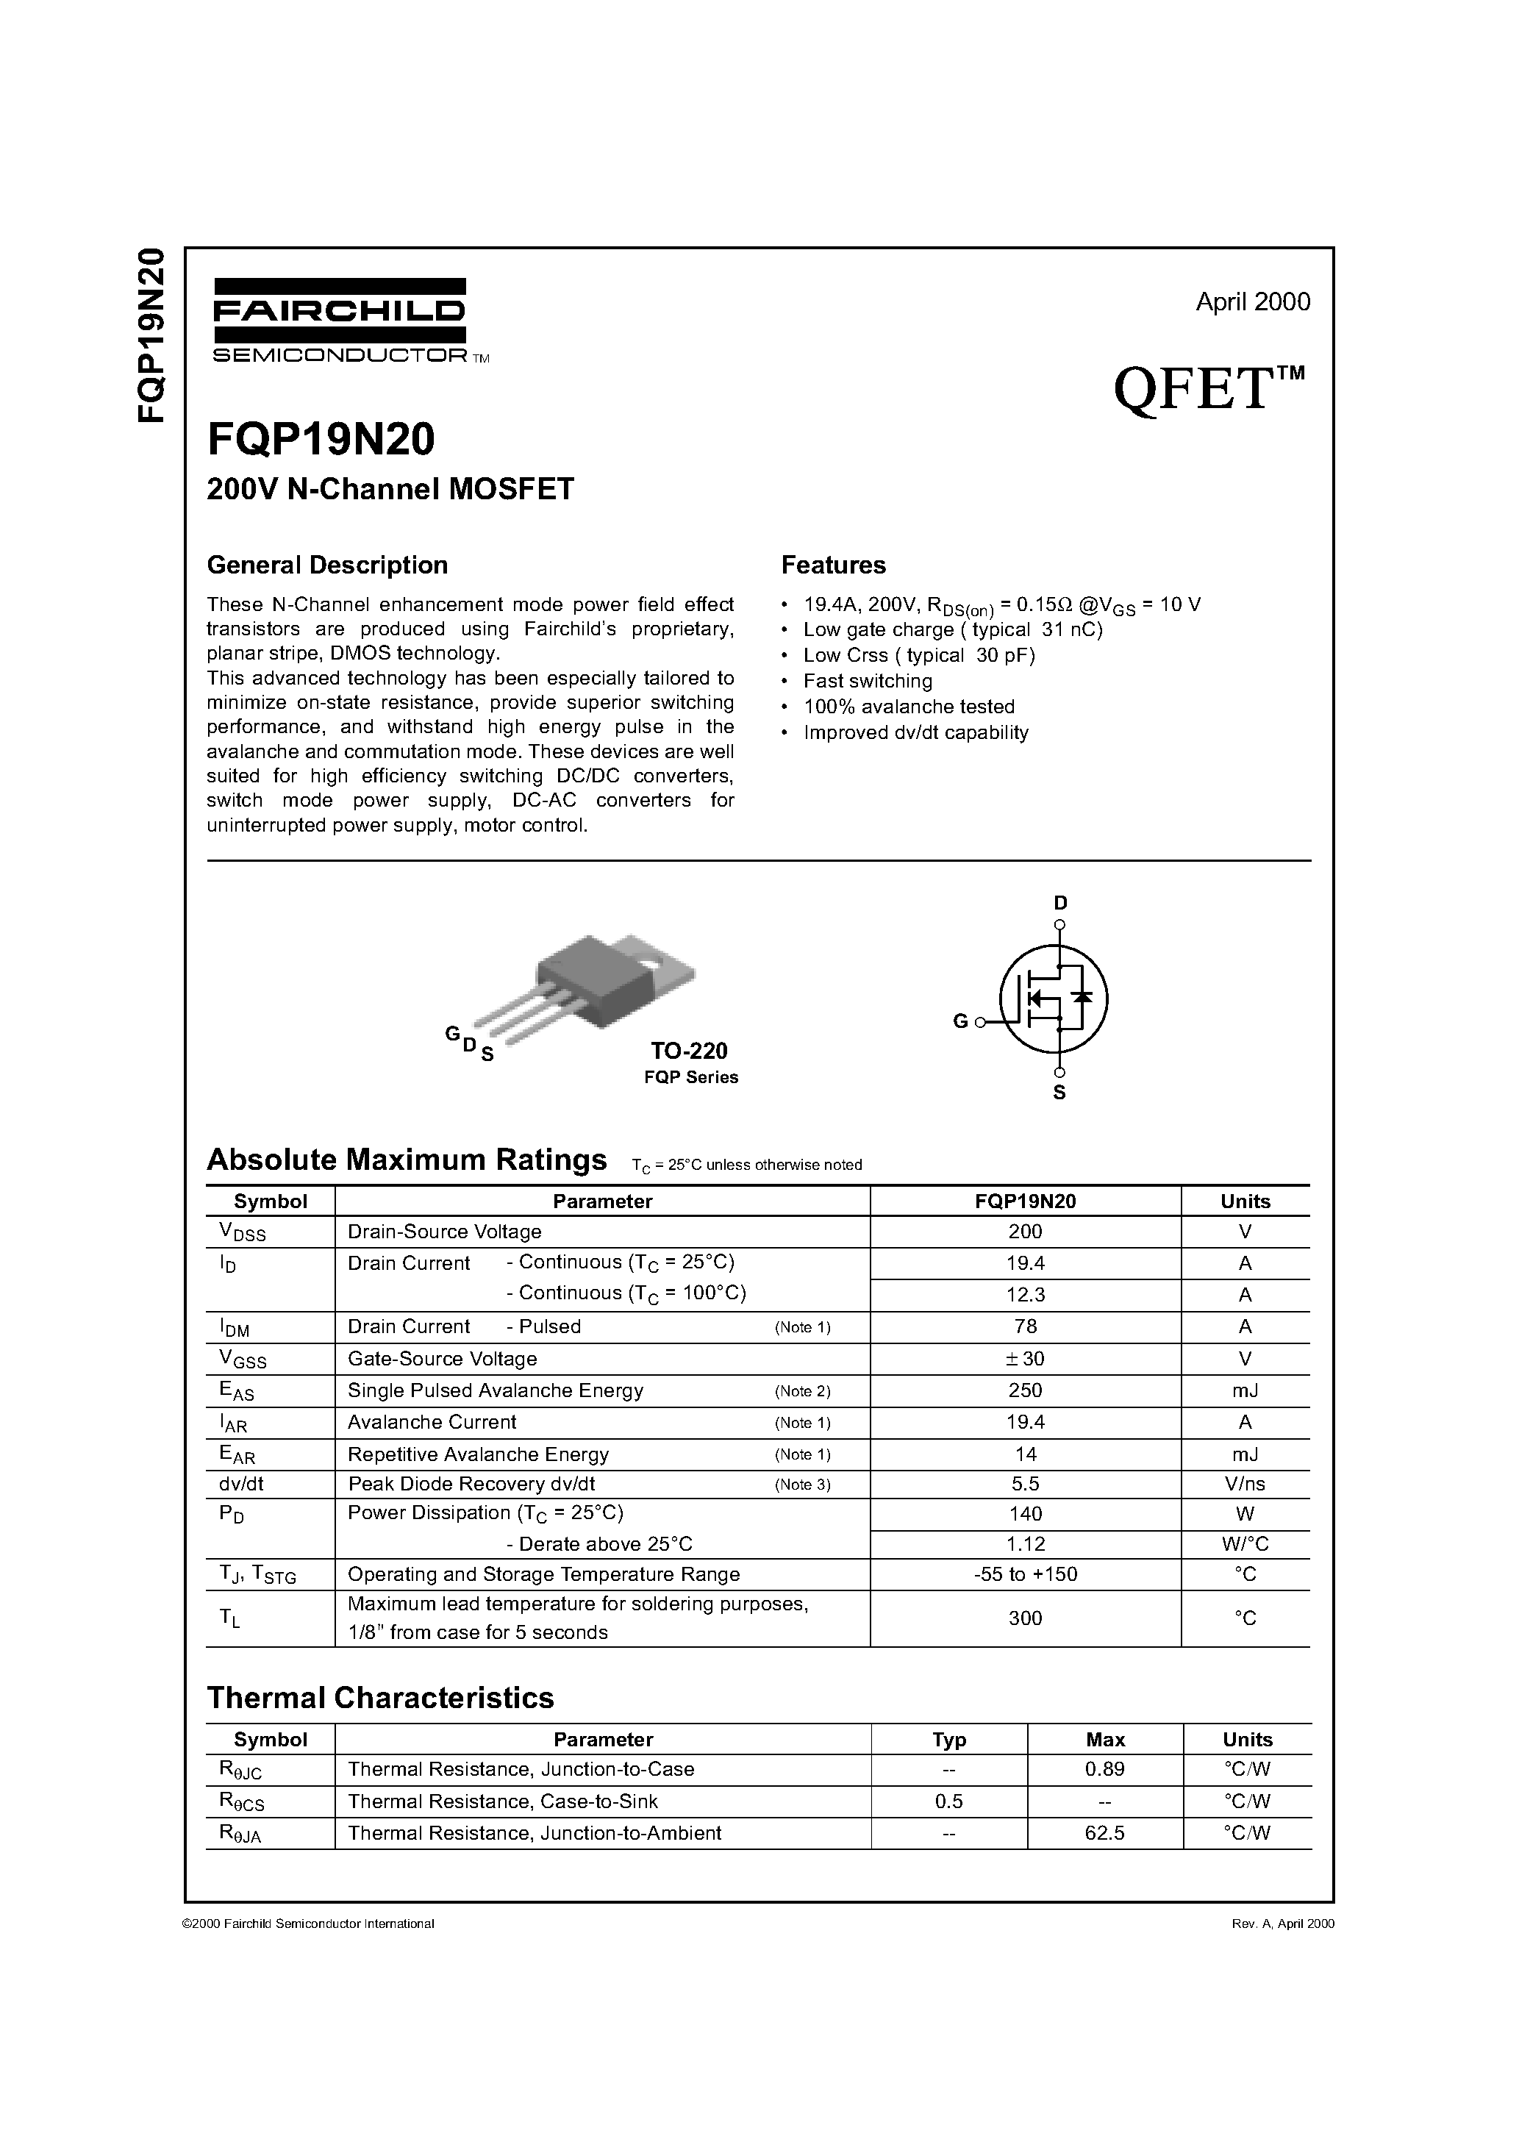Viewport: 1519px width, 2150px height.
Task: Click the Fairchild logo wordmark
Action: [x=338, y=311]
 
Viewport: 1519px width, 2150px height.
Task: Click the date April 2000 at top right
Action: [x=1252, y=301]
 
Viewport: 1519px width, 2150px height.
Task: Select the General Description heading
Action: [x=327, y=565]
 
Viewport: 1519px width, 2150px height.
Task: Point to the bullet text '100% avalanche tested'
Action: [x=909, y=707]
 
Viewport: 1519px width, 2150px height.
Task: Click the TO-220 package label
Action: [x=688, y=1051]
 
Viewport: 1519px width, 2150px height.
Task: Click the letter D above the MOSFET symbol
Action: [x=1060, y=903]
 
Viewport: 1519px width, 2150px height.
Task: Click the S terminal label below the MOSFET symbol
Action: [x=1059, y=1093]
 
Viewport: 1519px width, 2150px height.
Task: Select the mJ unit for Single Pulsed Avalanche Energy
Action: [x=1245, y=1390]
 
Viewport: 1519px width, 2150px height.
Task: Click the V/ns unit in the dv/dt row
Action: [x=1245, y=1485]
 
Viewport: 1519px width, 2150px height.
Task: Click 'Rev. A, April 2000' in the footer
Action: [x=1282, y=1924]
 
